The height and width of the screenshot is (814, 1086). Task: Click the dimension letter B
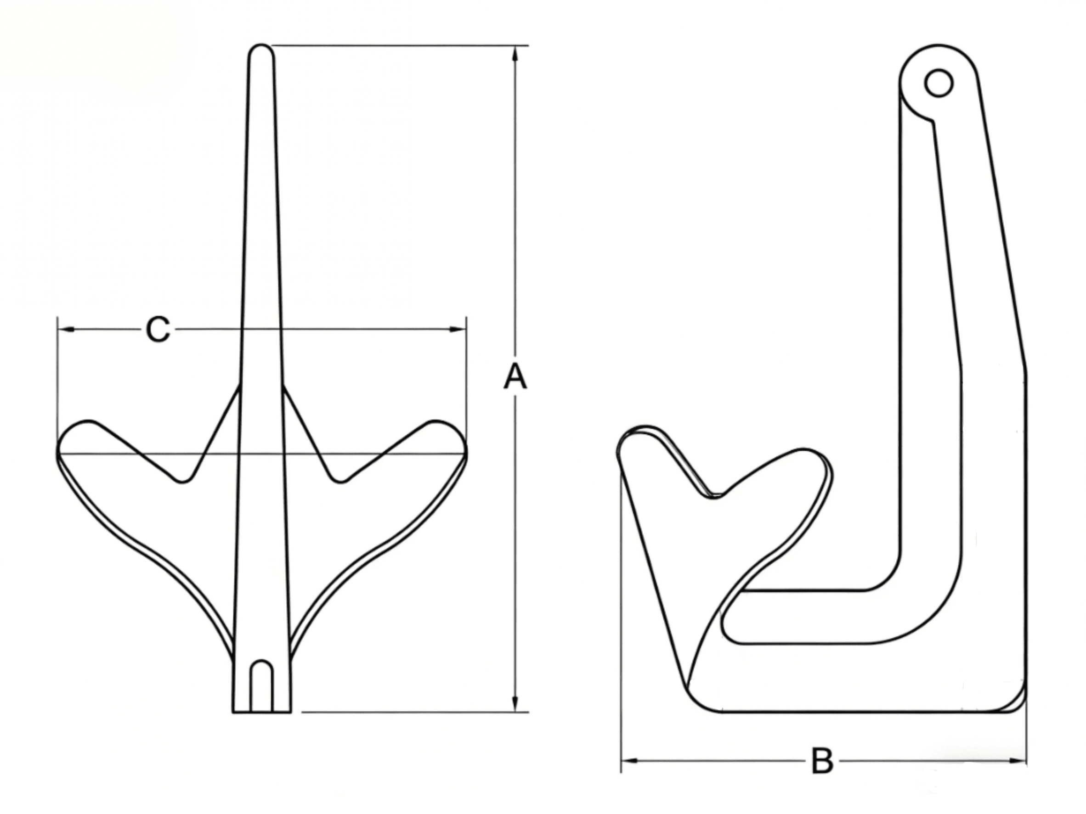pos(822,761)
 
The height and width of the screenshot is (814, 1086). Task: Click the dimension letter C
pos(158,329)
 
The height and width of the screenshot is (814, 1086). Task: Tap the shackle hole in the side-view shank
pos(938,84)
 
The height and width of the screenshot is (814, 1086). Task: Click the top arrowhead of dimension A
pos(515,54)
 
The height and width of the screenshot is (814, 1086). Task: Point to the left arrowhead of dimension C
pos(66,329)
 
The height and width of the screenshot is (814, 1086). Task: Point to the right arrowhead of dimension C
pos(458,329)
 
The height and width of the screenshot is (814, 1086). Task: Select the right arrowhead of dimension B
pos(1018,761)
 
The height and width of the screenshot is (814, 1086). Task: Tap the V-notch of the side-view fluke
pos(715,494)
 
